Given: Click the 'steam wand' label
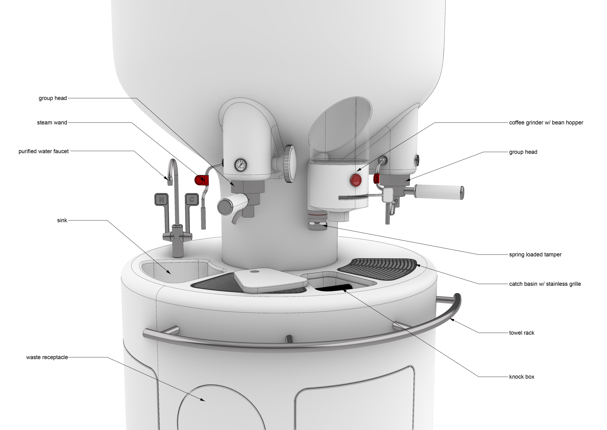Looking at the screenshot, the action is (x=52, y=123).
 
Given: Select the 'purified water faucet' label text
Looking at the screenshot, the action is (x=44, y=151).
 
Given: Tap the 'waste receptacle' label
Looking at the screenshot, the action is (x=47, y=357).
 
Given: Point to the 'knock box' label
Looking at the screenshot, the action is (x=522, y=377).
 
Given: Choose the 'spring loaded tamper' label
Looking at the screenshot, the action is (x=535, y=254).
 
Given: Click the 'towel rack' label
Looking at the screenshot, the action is (x=522, y=333).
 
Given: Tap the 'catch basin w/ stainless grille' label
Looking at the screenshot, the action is (x=545, y=284).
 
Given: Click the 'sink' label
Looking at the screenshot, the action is (x=62, y=220).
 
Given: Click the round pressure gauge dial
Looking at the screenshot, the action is (x=240, y=165).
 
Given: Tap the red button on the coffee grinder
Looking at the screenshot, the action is (x=356, y=180).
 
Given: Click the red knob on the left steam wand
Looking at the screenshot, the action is (x=202, y=180).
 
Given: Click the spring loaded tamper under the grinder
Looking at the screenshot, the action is (x=318, y=220).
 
